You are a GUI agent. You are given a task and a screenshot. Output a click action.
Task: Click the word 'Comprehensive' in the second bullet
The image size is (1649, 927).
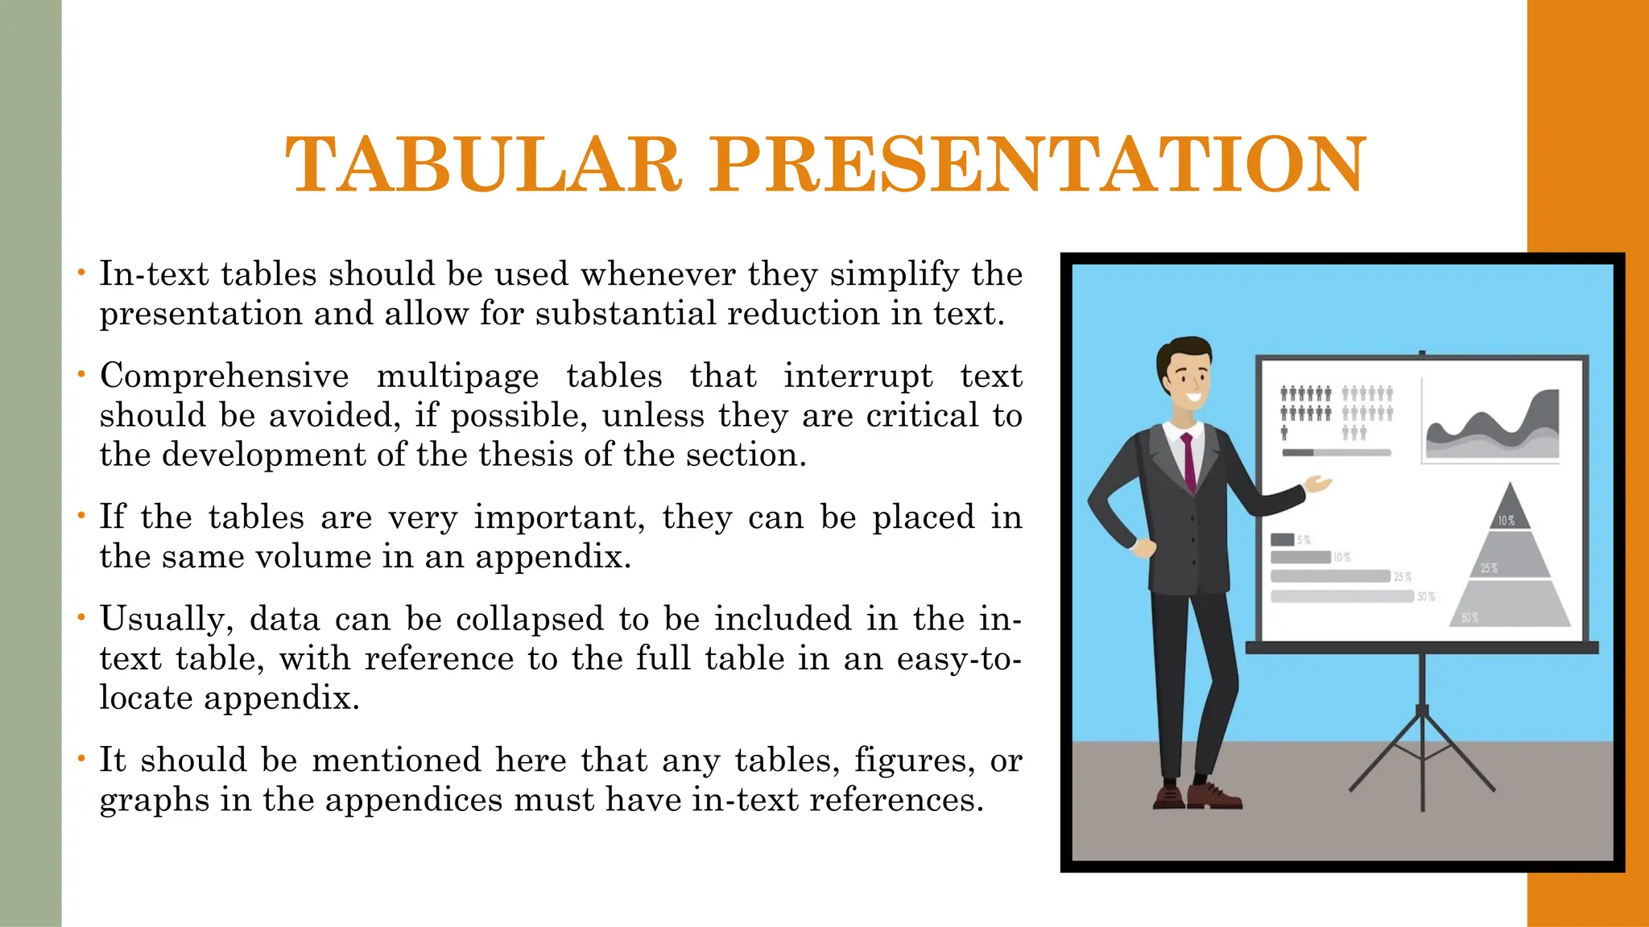[224, 376]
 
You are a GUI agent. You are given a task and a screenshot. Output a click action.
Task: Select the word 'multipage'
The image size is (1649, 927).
[457, 376]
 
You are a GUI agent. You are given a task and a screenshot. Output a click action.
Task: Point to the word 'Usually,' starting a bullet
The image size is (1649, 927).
[166, 619]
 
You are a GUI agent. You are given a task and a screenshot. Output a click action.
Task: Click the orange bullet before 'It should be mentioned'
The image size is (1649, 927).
[81, 759]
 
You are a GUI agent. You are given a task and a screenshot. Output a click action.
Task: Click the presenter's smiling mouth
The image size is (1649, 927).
[1193, 395]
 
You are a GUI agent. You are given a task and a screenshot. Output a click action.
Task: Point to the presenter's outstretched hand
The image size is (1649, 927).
[1319, 484]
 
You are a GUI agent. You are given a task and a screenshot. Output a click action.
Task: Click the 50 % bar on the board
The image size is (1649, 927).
[1341, 596]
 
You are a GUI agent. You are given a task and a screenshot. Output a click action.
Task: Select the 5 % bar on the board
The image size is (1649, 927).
[1282, 539]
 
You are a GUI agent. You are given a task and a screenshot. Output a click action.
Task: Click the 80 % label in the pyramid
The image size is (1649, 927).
[1469, 618]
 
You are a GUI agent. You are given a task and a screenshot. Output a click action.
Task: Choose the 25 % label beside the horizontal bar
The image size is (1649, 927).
[1403, 577]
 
